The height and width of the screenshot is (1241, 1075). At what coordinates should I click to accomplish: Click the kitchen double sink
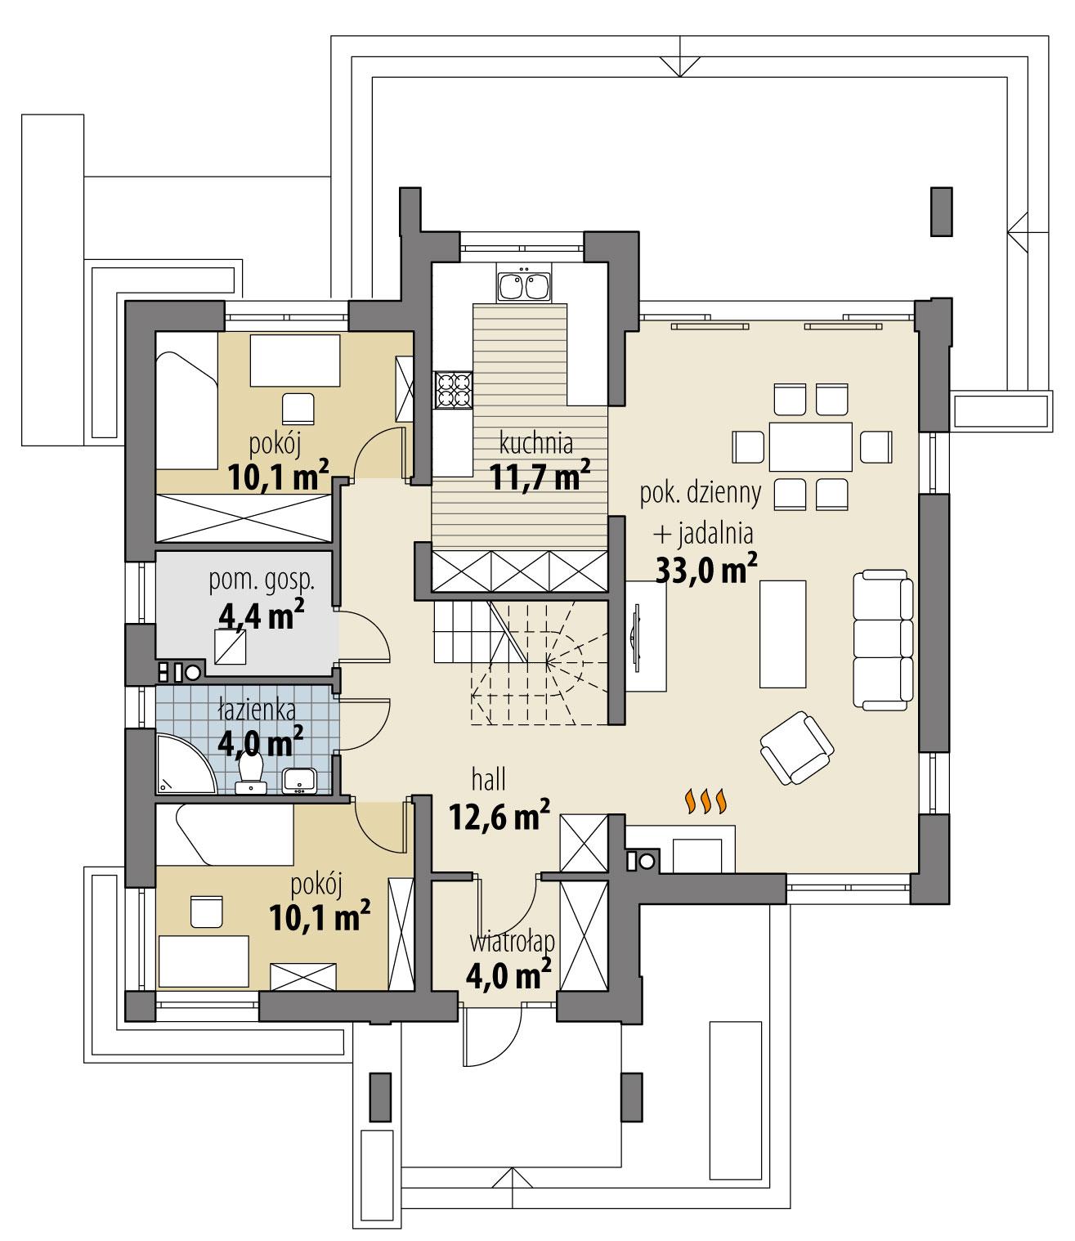coord(523,285)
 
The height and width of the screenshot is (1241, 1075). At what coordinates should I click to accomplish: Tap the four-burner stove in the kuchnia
coord(454,389)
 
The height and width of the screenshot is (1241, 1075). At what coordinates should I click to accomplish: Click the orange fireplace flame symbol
coord(705,802)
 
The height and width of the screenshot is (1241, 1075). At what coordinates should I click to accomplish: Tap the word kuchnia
coord(535,444)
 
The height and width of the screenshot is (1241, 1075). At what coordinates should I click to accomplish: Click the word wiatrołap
coord(512,942)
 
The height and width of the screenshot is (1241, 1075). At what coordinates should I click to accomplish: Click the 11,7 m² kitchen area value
coord(539,477)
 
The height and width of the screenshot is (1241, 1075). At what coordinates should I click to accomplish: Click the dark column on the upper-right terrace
coord(941,212)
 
